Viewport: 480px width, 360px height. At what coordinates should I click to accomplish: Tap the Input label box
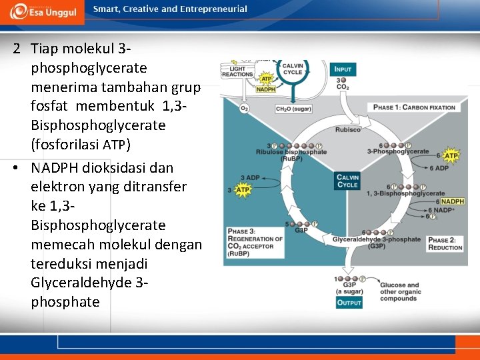pyautogui.click(x=343, y=69)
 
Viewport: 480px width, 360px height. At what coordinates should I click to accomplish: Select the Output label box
pyautogui.click(x=349, y=302)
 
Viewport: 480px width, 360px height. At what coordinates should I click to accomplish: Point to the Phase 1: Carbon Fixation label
pyautogui.click(x=414, y=107)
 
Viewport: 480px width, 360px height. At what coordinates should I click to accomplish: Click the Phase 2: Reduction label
pyautogui.click(x=445, y=243)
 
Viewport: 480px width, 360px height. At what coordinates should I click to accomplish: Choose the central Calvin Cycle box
pyautogui.click(x=347, y=181)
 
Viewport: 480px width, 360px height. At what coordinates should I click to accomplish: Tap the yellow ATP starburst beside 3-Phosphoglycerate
pyautogui.click(x=451, y=157)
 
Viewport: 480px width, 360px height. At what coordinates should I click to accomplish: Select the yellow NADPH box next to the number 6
pyautogui.click(x=452, y=201)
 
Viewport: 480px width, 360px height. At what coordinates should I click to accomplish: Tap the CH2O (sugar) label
pyautogui.click(x=293, y=108)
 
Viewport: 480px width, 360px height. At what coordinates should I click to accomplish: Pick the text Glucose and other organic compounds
pyautogui.click(x=399, y=291)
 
